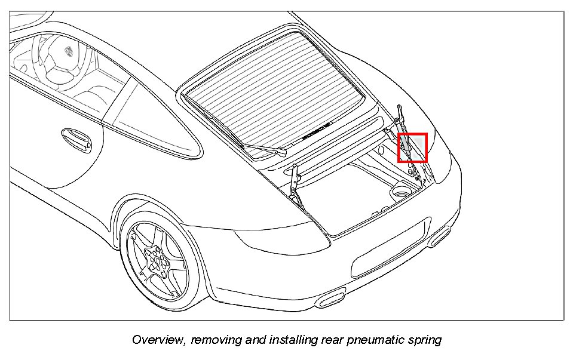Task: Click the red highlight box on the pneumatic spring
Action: (x=412, y=147)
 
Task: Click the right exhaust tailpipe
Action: (x=440, y=236)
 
